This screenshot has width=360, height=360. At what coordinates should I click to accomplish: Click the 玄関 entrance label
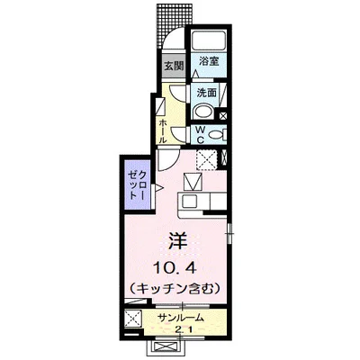click(x=174, y=67)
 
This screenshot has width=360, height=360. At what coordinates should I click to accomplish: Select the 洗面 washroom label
click(x=206, y=92)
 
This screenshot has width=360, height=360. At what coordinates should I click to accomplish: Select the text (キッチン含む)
click(x=177, y=287)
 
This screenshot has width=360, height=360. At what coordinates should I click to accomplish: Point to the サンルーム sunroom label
click(x=180, y=318)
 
